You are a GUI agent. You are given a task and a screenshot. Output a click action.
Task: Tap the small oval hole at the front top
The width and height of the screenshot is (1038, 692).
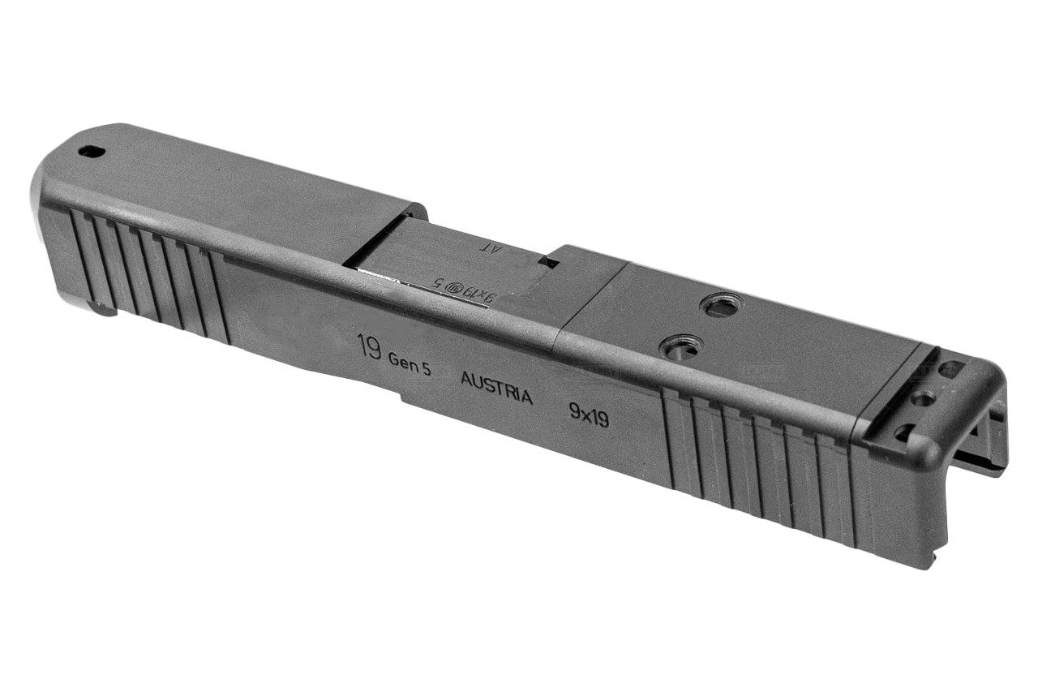pos(92,152)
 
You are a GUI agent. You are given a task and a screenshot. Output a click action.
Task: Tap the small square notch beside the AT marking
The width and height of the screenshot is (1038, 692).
pos(551,263)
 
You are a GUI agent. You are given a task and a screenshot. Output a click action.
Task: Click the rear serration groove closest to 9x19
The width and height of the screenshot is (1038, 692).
pos(669,438)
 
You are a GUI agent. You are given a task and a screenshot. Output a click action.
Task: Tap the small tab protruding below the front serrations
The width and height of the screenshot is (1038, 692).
pos(103,309)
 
